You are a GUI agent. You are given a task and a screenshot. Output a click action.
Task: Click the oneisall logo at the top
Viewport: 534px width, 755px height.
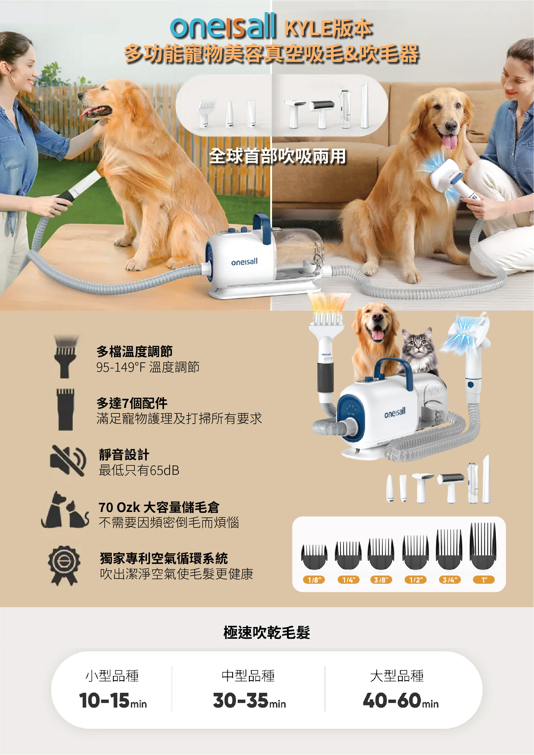[222, 26]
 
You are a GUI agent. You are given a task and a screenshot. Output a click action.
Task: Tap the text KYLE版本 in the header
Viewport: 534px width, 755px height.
[328, 28]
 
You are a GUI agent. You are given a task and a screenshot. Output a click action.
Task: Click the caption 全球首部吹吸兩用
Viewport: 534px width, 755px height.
[277, 156]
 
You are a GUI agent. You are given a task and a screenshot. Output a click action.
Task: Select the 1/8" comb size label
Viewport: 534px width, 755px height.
[314, 580]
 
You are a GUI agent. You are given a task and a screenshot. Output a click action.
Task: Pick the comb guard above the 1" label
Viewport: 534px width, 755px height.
[483, 546]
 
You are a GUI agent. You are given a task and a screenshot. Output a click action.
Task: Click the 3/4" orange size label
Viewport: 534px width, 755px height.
[449, 580]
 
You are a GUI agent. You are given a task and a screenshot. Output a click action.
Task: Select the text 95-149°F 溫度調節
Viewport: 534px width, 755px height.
[148, 367]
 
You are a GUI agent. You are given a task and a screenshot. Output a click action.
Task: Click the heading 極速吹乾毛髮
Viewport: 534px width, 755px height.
[267, 632]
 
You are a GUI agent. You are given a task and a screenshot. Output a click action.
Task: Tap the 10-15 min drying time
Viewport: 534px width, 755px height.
[113, 701]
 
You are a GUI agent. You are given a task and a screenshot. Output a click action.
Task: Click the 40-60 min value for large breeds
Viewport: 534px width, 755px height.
[400, 701]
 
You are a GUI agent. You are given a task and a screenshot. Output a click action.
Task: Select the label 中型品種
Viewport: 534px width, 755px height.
[248, 676]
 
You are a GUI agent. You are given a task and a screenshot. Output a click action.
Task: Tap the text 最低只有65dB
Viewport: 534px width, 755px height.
[139, 470]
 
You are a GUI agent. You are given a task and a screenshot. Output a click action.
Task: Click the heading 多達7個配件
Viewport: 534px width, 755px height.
[132, 403]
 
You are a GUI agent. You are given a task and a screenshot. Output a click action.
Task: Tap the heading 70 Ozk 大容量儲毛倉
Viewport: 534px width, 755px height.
[159, 507]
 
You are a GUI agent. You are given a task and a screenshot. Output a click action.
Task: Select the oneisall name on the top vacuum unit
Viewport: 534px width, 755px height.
[244, 262]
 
